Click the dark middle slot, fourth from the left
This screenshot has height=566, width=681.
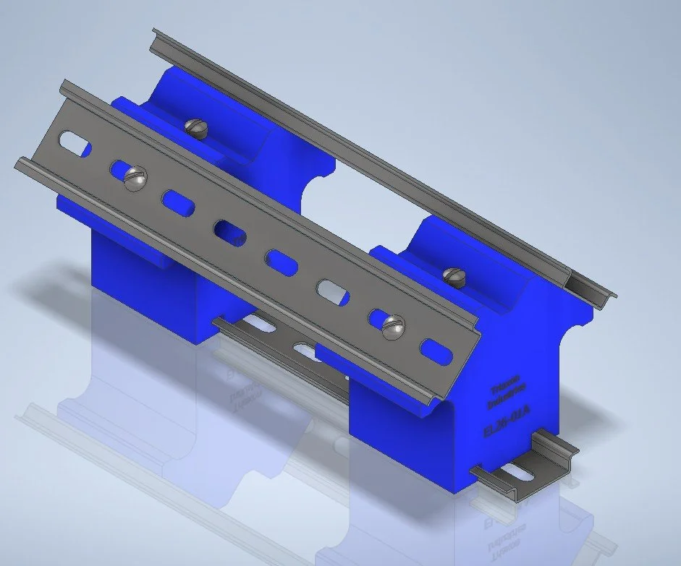(x=229, y=231)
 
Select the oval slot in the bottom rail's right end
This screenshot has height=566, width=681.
(x=516, y=473)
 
